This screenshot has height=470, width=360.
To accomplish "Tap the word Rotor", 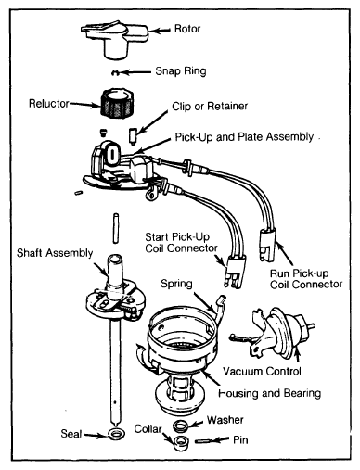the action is [187, 29].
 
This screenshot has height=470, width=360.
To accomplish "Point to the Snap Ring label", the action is [181, 71].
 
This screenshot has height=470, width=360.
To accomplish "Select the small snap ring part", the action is [115, 73].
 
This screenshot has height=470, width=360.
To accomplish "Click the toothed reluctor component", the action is [117, 102].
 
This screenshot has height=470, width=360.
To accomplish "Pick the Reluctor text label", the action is [49, 103].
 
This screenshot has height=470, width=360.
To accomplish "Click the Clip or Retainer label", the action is [210, 107].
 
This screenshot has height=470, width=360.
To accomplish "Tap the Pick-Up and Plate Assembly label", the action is [244, 137].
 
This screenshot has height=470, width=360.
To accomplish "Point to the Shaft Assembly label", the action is [55, 253].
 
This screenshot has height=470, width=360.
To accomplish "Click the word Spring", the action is [176, 284].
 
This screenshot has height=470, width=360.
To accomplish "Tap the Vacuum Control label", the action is [262, 371].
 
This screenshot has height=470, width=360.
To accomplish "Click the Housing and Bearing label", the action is [269, 393].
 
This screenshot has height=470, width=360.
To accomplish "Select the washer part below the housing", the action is [180, 426].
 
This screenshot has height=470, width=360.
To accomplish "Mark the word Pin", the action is [240, 440].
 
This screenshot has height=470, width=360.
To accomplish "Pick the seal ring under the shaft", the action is [117, 434].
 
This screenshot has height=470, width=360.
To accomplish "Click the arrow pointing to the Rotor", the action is [160, 31].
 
